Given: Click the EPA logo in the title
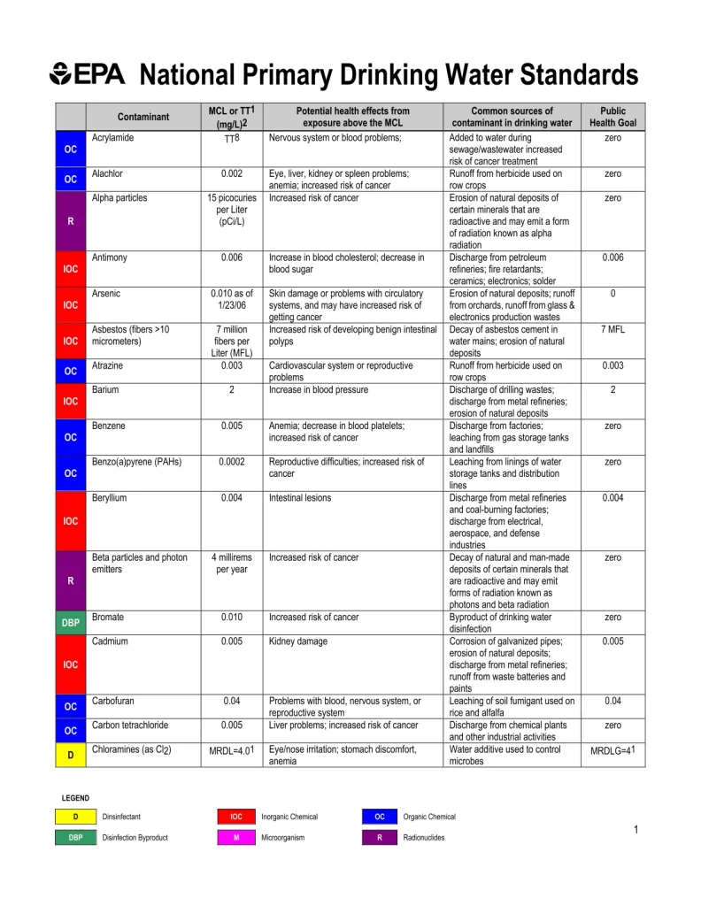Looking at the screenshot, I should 88,73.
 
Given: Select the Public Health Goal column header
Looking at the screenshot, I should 612,117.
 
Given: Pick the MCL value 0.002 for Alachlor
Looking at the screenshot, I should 231,174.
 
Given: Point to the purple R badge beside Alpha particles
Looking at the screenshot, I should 71,221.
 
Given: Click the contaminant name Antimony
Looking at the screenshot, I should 110,257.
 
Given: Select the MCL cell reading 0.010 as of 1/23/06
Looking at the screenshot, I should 231,299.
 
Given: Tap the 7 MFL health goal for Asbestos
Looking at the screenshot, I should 612,329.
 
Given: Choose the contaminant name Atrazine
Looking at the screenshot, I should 109,365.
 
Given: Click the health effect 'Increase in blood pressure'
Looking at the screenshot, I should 319,389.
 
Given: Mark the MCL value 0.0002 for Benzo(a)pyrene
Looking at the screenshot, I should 231,461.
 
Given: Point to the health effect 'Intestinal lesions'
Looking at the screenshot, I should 300,497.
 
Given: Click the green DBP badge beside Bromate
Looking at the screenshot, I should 71,623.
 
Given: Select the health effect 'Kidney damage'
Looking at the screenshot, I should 298,641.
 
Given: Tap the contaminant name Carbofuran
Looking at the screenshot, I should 113,701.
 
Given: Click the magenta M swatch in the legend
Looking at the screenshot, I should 236,837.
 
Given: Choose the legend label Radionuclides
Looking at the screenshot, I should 424,837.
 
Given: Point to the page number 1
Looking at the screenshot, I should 636,829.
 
